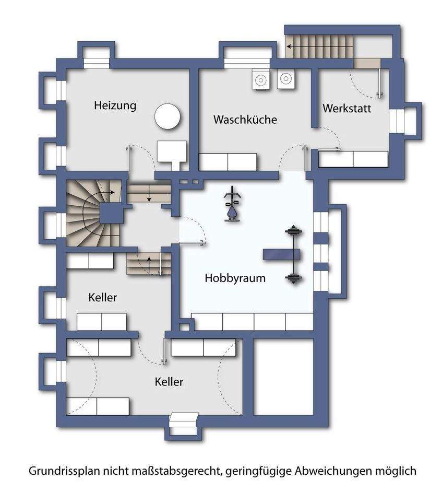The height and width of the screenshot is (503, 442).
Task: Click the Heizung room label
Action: pos(115,106)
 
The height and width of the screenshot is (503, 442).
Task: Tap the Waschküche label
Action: pos(245,120)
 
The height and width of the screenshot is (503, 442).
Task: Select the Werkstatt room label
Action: pos(347,109)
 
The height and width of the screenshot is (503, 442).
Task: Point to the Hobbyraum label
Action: pos(235,278)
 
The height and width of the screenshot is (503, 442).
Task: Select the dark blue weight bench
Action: pos(281,254)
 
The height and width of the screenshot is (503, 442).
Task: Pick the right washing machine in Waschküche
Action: pos(285,79)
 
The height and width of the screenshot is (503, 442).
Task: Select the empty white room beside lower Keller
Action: pos(283,376)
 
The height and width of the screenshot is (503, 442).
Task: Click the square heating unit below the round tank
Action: pos(172,152)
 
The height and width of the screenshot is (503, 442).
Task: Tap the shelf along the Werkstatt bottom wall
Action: pos(353,159)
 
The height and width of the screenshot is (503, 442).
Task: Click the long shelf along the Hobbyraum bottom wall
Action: pos(254,322)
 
